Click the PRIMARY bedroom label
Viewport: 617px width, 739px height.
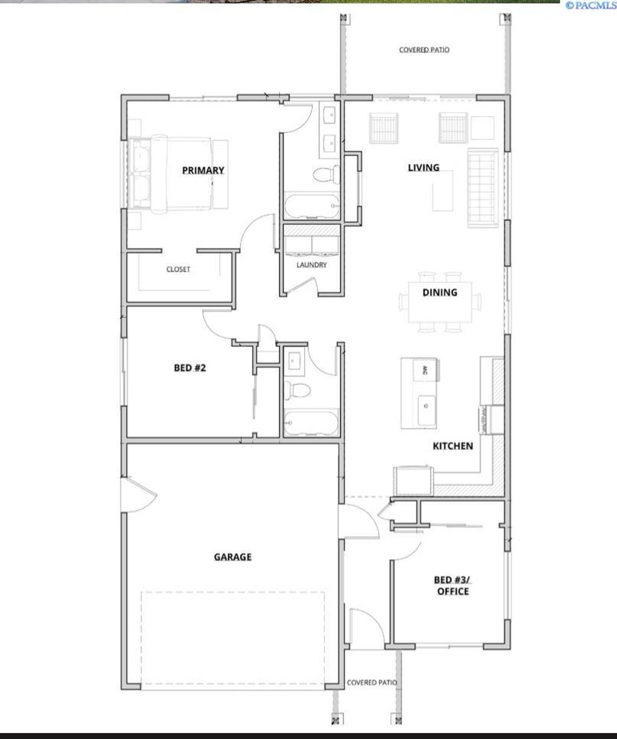click(x=203, y=170)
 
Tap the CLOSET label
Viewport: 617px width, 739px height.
click(x=178, y=269)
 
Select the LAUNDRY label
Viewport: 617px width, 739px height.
click(x=312, y=264)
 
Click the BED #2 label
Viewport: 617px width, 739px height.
click(x=190, y=367)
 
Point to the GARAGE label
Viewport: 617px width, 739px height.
click(x=233, y=557)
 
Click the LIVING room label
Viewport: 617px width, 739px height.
click(x=424, y=167)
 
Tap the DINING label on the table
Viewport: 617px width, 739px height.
click(x=440, y=293)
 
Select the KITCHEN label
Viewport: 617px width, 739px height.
click(x=453, y=446)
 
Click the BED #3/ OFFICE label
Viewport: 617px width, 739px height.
click(x=453, y=585)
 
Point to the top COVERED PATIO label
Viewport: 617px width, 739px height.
click(x=424, y=50)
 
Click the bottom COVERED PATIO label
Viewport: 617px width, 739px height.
click(x=372, y=682)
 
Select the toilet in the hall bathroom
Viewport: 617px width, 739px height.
click(x=297, y=390)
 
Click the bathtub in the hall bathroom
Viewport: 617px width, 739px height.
click(x=310, y=422)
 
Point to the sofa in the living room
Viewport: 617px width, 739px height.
click(x=481, y=189)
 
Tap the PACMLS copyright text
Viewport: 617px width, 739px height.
click(x=590, y=5)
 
